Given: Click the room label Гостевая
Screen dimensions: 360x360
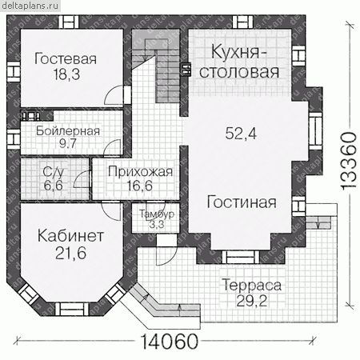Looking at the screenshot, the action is (x=66, y=59).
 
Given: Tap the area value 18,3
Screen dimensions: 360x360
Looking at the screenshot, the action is (x=66, y=74).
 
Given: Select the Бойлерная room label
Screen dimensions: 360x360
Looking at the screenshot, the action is (x=68, y=131).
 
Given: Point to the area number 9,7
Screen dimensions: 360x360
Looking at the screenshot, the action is (x=68, y=143).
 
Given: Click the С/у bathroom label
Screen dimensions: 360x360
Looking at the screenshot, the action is (x=53, y=173).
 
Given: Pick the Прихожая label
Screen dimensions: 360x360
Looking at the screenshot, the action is (x=141, y=172).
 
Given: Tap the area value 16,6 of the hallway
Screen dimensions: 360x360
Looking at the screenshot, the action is (x=139, y=186).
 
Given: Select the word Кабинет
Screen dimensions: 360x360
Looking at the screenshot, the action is (x=70, y=236).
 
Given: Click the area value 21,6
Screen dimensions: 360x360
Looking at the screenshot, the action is (x=71, y=253).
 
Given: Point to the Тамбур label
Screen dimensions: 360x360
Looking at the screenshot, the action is (x=157, y=214).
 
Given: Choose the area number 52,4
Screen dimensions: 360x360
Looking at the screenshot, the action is (x=241, y=134).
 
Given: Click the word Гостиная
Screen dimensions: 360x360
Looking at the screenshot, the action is (x=242, y=202).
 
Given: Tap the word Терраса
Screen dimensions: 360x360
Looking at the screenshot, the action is (x=251, y=285).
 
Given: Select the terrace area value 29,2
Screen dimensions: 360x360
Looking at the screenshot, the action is (x=251, y=302).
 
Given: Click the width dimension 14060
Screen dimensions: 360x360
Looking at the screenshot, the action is (x=169, y=342).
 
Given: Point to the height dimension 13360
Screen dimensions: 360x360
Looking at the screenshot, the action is (x=349, y=161).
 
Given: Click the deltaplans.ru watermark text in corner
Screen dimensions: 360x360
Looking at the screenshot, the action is (x=30, y=6).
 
